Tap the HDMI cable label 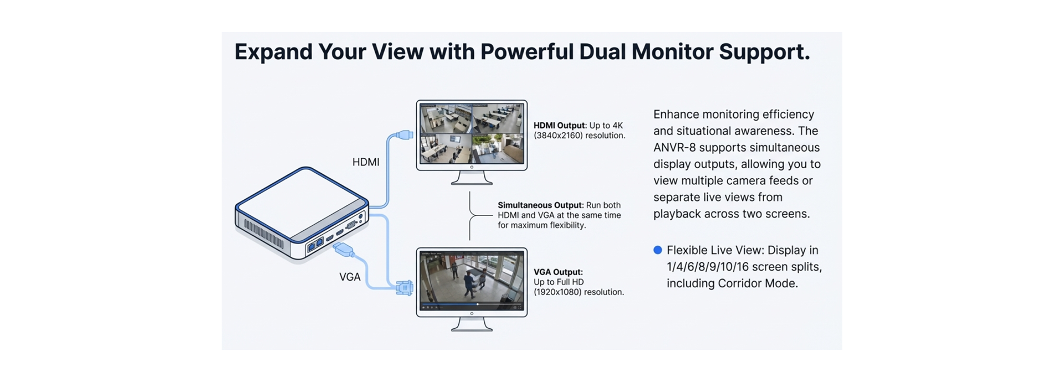pyautogui.click(x=366, y=162)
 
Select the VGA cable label pyautogui.click(x=350, y=277)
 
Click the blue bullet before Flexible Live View pyautogui.click(x=658, y=250)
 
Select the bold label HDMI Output pyautogui.click(x=559, y=126)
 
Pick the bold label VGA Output pyautogui.click(x=558, y=272)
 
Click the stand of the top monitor pyautogui.click(x=472, y=178)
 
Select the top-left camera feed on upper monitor pyautogui.click(x=446, y=118)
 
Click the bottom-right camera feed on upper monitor pyautogui.click(x=498, y=148)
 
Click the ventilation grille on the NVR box pyautogui.click(x=263, y=231)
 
